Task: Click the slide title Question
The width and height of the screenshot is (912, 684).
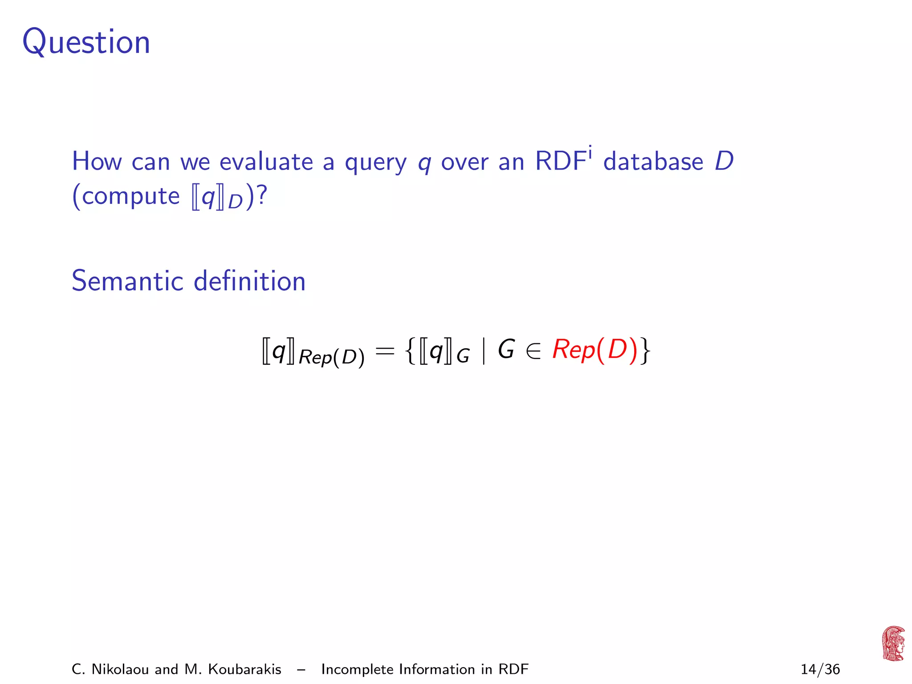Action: [86, 43]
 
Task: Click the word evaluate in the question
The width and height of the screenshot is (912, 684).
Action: [266, 161]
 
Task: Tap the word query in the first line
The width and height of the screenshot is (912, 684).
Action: [375, 162]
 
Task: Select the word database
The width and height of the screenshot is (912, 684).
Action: [653, 161]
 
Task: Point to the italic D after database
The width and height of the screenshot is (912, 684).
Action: [724, 161]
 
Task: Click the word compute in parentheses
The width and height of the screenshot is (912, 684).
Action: [130, 196]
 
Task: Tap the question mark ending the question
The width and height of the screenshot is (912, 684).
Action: [262, 195]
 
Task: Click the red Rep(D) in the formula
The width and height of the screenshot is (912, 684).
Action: [595, 350]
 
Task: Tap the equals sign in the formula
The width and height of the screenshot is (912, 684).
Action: [385, 351]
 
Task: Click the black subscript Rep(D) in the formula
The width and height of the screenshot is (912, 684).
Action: [331, 358]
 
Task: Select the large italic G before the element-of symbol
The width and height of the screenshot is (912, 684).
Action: [506, 350]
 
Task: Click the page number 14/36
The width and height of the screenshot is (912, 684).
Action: [820, 669]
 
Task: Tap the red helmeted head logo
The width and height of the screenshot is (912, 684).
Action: [893, 643]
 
